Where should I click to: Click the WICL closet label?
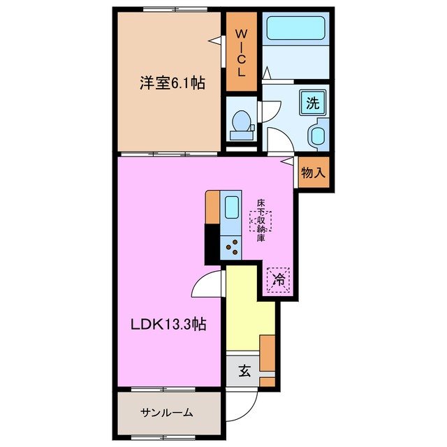(240, 52)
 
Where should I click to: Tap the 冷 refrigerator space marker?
(278, 281)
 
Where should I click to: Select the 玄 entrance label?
(244, 371)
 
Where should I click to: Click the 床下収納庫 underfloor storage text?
(261, 221)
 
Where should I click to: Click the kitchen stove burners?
(231, 246)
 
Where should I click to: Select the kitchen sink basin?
(231, 207)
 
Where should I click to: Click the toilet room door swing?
(269, 112)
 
